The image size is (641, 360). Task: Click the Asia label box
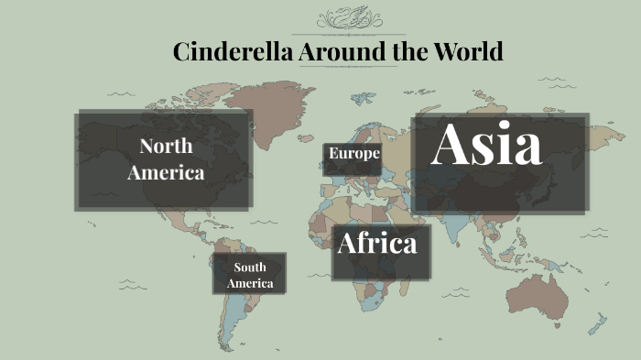(x=499, y=163)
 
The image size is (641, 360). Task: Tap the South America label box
(x=249, y=274)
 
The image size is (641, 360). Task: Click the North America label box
(x=164, y=160)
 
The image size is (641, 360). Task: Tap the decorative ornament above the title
(x=348, y=18)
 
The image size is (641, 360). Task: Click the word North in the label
(x=166, y=146)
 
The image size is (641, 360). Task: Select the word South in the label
(x=250, y=267)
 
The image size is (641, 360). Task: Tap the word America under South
(x=250, y=283)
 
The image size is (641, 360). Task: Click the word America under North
(x=166, y=172)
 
